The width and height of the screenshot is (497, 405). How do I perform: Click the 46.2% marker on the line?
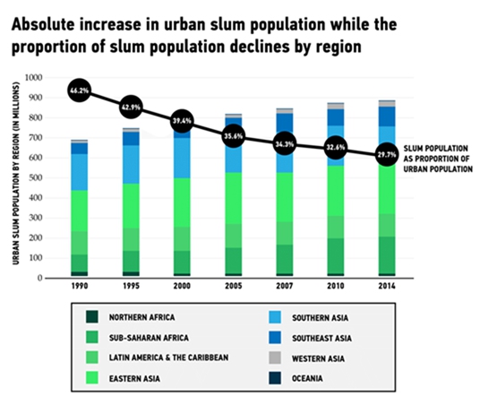pyautogui.click(x=79, y=90)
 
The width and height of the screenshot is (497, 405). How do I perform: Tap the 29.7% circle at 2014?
pyautogui.click(x=387, y=155)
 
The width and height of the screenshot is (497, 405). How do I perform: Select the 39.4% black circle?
pyautogui.click(x=182, y=121)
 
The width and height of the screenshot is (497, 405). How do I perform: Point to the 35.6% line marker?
pyautogui.click(x=234, y=136)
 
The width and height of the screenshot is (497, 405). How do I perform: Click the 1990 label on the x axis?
pyautogui.click(x=80, y=286)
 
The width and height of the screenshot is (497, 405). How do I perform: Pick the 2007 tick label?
pyautogui.click(x=284, y=286)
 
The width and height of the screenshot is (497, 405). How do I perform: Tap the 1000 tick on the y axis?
pyautogui.click(x=33, y=78)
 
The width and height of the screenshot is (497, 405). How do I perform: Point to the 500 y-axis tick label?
pyautogui.click(x=36, y=178)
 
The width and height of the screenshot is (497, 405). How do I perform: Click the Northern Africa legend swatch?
pyautogui.click(x=91, y=317)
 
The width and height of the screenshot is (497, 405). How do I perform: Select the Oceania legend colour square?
pyautogui.click(x=275, y=378)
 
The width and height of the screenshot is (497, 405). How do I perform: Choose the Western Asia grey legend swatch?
pyautogui.click(x=275, y=358)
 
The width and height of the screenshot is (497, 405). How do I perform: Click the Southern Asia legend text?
pyautogui.click(x=320, y=318)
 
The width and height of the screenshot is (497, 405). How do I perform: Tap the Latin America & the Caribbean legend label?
pyautogui.click(x=168, y=358)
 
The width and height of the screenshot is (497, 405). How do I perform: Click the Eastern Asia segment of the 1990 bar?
pyautogui.click(x=79, y=211)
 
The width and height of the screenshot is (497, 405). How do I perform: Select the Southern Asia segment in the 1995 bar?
pyautogui.click(x=131, y=165)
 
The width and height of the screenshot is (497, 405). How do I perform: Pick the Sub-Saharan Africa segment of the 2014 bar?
pyautogui.click(x=387, y=255)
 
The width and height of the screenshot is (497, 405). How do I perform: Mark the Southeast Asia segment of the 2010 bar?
pyautogui.click(x=336, y=117)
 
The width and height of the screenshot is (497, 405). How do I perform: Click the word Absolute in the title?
pyautogui.click(x=43, y=25)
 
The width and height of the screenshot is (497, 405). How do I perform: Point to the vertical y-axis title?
pyautogui.click(x=16, y=174)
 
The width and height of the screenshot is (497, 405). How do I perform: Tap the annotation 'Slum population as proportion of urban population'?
pyautogui.click(x=438, y=159)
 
